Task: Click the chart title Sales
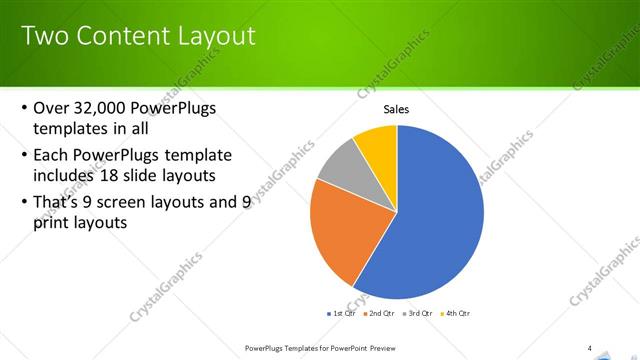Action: [x=397, y=109]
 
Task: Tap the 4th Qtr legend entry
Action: [x=456, y=313]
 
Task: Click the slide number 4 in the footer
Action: [x=590, y=348]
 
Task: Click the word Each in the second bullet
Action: [x=50, y=155]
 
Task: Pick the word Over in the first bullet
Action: [x=51, y=108]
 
